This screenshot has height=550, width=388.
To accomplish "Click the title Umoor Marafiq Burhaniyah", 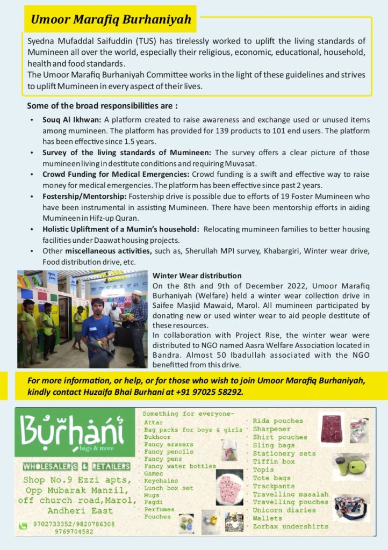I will click(111, 20).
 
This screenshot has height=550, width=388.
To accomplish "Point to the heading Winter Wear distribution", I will click(197, 276).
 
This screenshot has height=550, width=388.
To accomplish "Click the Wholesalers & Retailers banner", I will click(76, 466).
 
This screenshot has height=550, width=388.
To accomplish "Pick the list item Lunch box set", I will click(168, 488).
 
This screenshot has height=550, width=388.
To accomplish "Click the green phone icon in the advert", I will click(23, 525).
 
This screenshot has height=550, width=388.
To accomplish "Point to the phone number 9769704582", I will click(74, 531).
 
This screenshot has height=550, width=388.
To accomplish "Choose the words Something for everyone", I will click(188, 414).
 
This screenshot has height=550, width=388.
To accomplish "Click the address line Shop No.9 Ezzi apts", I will click(76, 480).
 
